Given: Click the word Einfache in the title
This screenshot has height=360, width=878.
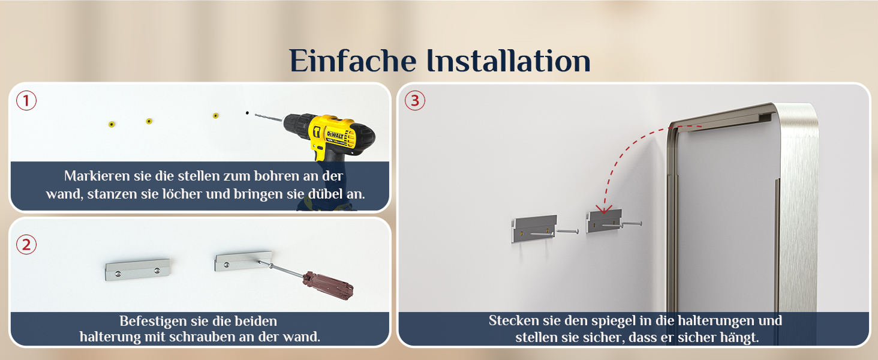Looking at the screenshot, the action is (353, 61).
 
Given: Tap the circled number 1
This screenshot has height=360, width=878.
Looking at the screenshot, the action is (26, 100).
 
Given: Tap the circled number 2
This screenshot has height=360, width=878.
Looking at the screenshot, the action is (26, 244).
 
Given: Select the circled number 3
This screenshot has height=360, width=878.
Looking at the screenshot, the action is (414, 100).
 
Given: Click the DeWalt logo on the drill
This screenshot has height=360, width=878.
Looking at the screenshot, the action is (335, 135).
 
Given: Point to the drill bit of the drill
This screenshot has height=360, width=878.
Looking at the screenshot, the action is (269, 117).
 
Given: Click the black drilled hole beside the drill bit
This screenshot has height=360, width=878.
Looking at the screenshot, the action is (247, 113).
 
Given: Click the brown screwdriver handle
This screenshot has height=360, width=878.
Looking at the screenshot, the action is (329, 286).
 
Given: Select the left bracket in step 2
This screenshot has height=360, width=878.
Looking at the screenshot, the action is (137, 269).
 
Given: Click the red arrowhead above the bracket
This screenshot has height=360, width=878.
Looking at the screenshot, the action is (604, 209).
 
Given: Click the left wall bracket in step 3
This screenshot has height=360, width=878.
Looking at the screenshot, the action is (534, 228).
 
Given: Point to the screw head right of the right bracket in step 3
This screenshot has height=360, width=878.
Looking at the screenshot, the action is (640, 224).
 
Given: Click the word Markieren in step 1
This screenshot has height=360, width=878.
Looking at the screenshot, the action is (97, 176).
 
